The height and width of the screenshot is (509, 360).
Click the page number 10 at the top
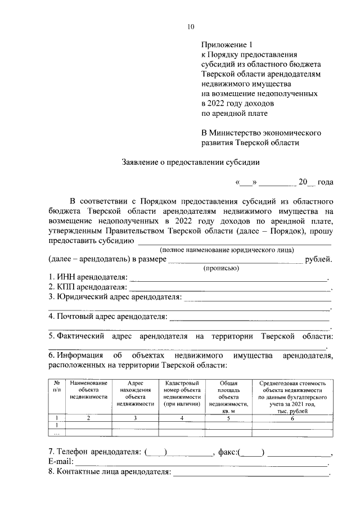(x=191, y=26)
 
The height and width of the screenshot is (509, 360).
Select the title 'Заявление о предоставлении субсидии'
(x=191, y=163)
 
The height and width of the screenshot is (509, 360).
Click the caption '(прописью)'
(x=221, y=268)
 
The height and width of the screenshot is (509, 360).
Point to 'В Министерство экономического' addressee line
(x=261, y=133)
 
